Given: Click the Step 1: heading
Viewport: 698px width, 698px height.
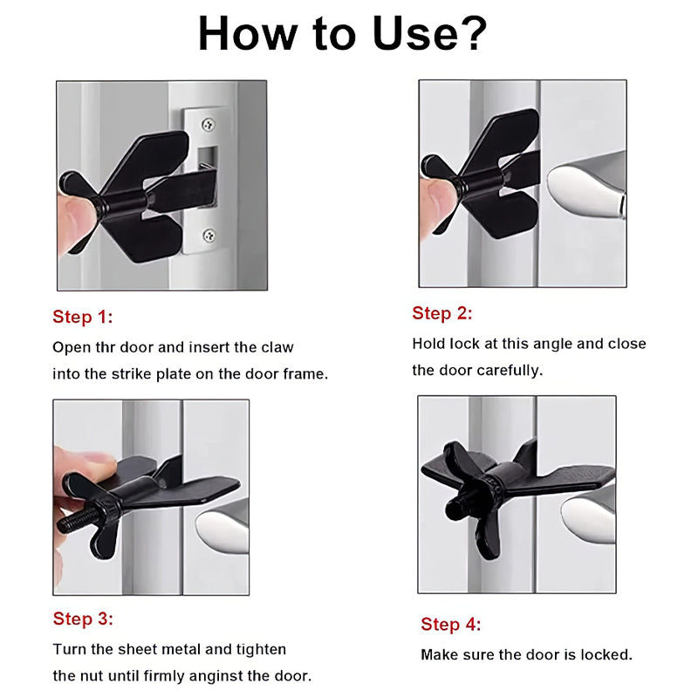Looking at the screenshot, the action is pos(83,317).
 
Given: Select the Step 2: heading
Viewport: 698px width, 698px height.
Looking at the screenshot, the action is pos(442,313).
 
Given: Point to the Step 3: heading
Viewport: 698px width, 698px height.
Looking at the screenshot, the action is pos(83,619).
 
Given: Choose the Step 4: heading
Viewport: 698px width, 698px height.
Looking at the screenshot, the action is pos(451,624).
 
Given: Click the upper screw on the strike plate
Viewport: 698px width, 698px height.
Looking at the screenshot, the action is pos(208,124).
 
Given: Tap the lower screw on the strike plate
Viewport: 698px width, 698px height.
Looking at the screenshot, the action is pos(209,235).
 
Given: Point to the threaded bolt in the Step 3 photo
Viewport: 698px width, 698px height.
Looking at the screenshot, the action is pos(78,519).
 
